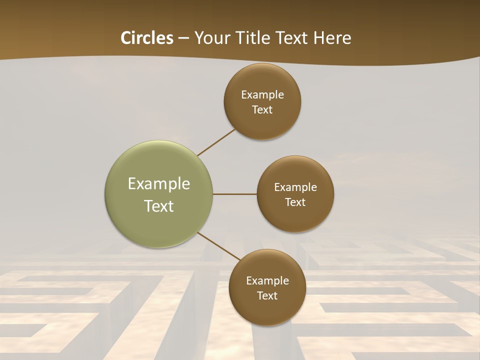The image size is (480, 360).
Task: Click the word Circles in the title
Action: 147,38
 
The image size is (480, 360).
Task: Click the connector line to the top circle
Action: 216,142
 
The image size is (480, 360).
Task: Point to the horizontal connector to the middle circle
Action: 235,194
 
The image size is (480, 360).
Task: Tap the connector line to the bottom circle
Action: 219,246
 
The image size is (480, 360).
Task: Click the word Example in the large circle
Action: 159,184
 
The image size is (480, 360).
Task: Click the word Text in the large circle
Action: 159,206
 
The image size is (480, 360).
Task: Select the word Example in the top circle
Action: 262,94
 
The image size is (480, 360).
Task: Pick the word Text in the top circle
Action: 262,109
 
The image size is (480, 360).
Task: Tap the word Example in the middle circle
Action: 295,187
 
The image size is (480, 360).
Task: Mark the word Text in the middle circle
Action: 295,202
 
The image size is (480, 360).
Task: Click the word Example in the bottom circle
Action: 267,280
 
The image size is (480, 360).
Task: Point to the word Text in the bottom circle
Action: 267,295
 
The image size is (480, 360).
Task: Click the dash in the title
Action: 183,38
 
